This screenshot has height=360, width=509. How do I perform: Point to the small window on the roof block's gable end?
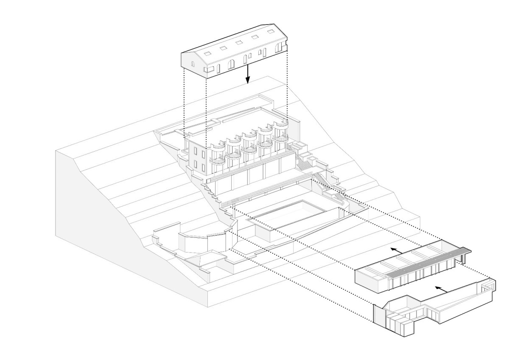click(x=193, y=65)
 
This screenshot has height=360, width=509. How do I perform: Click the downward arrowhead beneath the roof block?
click(x=249, y=80)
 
